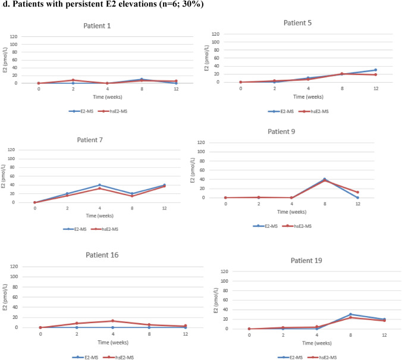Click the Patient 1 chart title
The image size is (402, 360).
(x=97, y=26)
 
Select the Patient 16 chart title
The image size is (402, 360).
(x=102, y=255)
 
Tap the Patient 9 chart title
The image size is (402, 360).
(x=281, y=132)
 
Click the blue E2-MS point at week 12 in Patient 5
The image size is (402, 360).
(x=376, y=70)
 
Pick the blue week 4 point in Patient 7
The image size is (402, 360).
(x=100, y=185)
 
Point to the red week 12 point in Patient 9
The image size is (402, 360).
(x=357, y=192)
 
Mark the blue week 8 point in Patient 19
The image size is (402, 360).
(x=350, y=314)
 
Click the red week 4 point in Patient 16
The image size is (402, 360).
(x=113, y=321)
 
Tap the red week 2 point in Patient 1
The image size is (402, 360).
(x=73, y=80)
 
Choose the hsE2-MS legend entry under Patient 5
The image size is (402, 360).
(x=314, y=111)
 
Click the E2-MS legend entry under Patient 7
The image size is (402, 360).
(x=75, y=229)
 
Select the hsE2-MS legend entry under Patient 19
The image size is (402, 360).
(x=322, y=358)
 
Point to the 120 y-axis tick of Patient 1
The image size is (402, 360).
(x=14, y=37)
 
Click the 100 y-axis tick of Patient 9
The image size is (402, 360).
(x=201, y=152)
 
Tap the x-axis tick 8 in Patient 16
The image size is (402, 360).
(x=149, y=334)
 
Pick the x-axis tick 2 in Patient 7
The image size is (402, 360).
(x=67, y=208)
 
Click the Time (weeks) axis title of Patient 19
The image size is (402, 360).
(x=316, y=343)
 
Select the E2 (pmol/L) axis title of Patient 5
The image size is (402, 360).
(x=206, y=58)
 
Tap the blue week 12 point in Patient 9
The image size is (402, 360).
(x=357, y=198)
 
